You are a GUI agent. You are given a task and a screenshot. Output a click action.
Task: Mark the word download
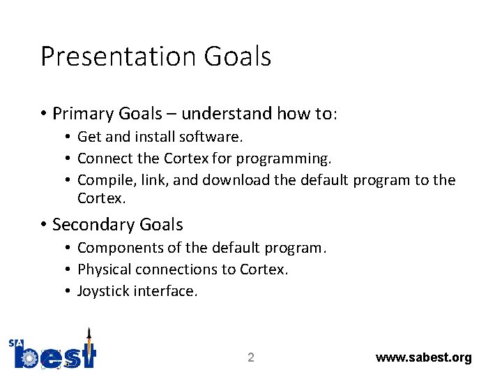point(236,180)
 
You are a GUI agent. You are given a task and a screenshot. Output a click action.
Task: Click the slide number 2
point(251,358)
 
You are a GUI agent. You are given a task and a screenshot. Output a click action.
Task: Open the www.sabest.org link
point(423,357)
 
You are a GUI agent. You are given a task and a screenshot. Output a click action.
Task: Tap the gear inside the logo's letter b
point(30,358)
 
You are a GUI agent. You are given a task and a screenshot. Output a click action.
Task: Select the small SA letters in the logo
point(16,343)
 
